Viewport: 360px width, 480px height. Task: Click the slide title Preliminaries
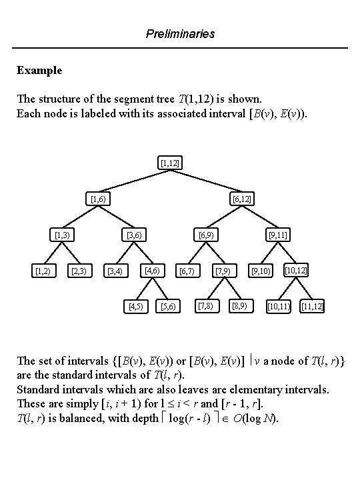tap(180, 33)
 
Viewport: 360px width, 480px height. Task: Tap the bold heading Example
tap(39, 70)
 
